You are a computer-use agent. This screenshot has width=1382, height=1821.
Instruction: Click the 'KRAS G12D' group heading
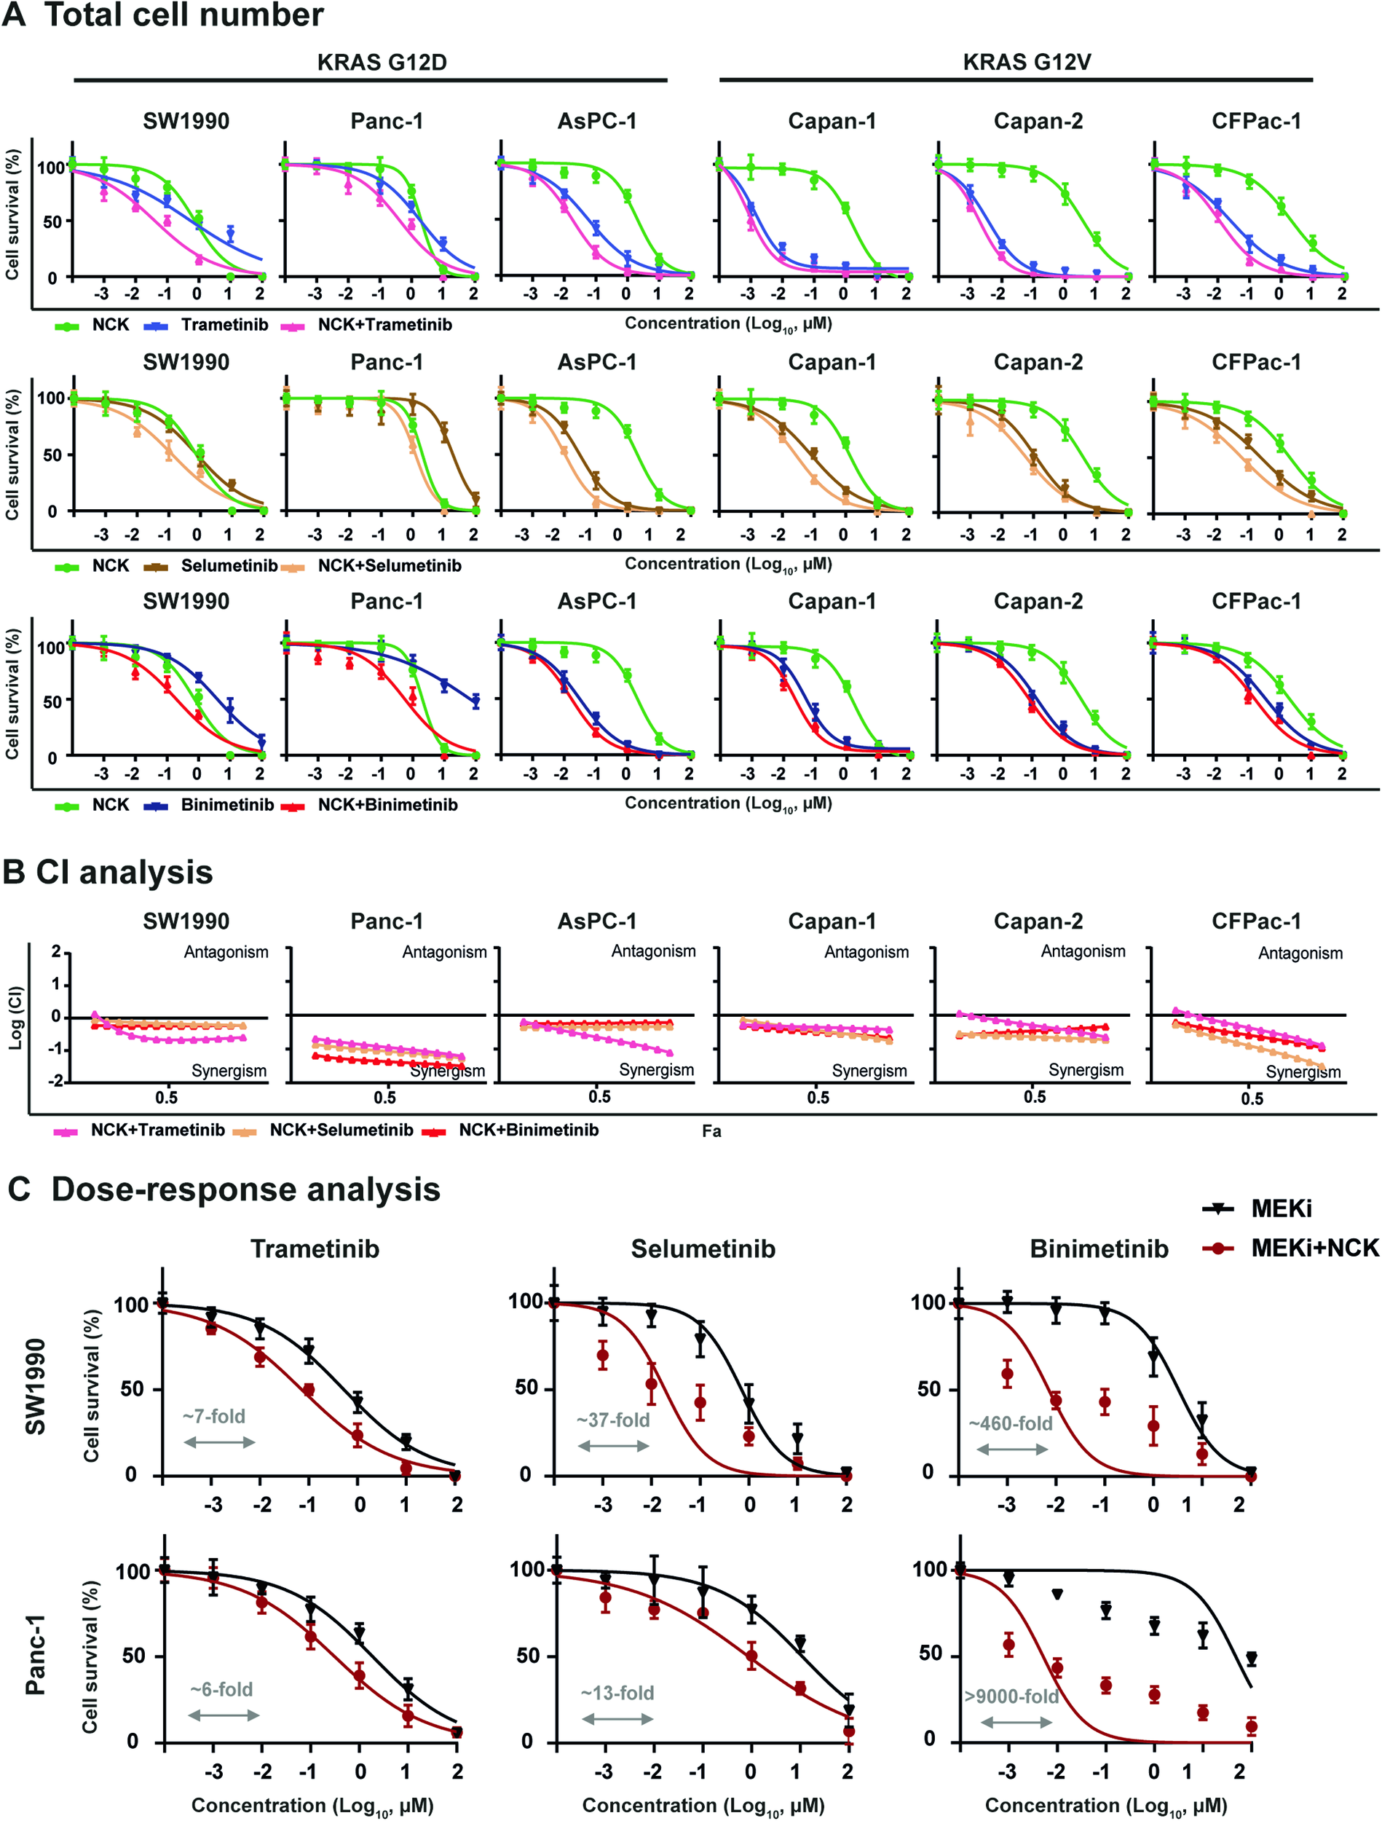[382, 63]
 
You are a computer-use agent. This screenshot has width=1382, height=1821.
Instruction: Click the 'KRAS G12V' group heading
[1027, 63]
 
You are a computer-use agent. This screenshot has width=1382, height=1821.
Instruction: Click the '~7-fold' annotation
[214, 1416]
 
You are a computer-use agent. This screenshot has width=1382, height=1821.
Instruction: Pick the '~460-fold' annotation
[1011, 1423]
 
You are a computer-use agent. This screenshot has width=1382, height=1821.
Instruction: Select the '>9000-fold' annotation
[1011, 1696]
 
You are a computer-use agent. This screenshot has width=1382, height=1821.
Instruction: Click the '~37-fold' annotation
[613, 1420]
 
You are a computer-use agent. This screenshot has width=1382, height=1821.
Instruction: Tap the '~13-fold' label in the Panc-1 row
[617, 1694]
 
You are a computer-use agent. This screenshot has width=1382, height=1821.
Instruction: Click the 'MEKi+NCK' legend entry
[1314, 1248]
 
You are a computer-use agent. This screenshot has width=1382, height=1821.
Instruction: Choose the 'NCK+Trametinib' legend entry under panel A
[384, 325]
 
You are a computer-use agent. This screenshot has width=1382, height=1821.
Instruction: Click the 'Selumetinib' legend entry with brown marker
[229, 565]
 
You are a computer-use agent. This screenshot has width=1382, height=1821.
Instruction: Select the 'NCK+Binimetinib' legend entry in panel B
[528, 1130]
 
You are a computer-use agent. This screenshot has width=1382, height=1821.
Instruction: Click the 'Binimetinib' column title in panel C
[1099, 1249]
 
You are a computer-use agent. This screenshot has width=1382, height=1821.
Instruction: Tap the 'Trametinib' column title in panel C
[315, 1249]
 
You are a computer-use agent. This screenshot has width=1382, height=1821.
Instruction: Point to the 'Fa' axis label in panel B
[711, 1132]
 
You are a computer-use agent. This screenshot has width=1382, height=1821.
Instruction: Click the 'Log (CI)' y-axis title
[15, 1018]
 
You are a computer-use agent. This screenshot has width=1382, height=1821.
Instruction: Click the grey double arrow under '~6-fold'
[224, 1715]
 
